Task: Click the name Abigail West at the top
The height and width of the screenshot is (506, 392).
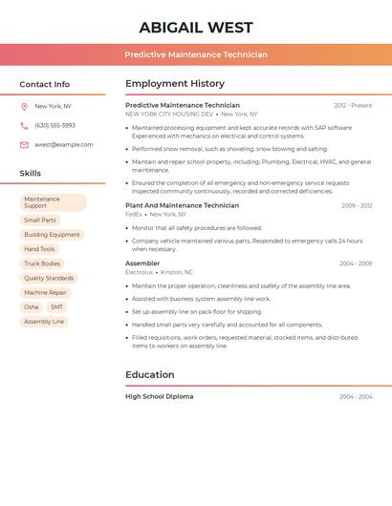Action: point(196,27)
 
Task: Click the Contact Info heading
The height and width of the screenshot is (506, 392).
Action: point(44,84)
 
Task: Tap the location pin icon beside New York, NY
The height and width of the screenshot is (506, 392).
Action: point(24,106)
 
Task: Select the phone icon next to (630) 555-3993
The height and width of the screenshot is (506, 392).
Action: point(24,125)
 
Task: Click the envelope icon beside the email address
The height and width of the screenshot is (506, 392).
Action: point(24,145)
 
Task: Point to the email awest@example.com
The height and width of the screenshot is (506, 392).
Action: point(64,145)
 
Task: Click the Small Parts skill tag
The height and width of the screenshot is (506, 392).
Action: point(40,221)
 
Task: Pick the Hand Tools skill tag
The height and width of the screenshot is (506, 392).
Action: point(39,249)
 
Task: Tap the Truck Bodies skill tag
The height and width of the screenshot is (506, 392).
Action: point(42,264)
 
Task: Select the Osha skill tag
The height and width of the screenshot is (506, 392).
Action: point(32,307)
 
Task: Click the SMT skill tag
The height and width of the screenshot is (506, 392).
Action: point(56,307)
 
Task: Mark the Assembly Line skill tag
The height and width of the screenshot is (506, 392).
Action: point(44,322)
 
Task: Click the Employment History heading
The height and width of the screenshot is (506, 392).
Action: point(175,84)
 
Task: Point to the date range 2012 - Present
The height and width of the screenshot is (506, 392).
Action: point(353,105)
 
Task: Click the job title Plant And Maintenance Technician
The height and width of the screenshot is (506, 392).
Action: point(182,205)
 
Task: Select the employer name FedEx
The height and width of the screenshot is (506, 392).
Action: point(133,215)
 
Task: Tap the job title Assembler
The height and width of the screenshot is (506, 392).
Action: point(142,263)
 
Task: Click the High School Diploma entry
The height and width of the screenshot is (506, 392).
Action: point(159,396)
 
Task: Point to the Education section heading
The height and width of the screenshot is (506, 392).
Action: point(149,375)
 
